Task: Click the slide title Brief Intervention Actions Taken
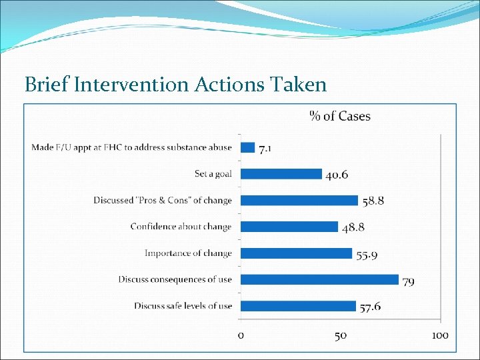click(x=175, y=85)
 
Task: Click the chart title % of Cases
click(x=340, y=116)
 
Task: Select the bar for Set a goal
click(x=281, y=173)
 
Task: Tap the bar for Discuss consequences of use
click(x=319, y=279)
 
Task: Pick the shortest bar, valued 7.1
click(x=247, y=147)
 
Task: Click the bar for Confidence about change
click(x=289, y=227)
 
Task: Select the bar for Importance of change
click(x=296, y=253)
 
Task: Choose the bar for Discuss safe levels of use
click(x=298, y=306)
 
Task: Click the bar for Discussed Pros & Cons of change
click(x=299, y=200)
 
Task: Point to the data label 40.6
click(x=337, y=175)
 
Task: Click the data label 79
click(x=408, y=282)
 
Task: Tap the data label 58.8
click(x=373, y=201)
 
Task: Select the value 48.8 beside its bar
click(x=353, y=228)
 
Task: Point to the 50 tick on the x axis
click(x=340, y=335)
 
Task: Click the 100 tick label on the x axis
click(x=439, y=335)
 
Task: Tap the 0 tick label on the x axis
click(x=241, y=335)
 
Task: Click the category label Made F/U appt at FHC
click(x=131, y=147)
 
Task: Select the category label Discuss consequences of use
click(x=175, y=279)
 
